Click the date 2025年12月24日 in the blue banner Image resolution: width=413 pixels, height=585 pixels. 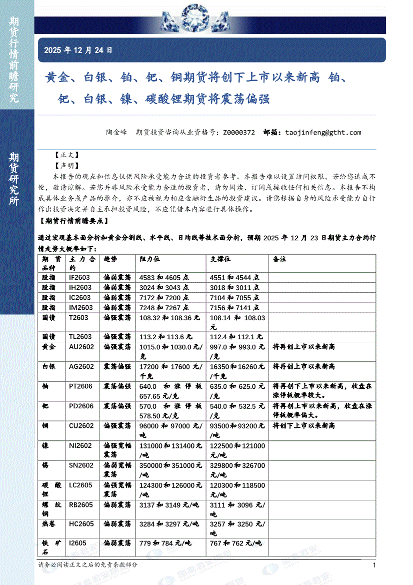78,50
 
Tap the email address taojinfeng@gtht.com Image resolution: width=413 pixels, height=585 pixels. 322,133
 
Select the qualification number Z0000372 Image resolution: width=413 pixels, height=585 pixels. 238,133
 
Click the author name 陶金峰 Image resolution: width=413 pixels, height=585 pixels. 116,133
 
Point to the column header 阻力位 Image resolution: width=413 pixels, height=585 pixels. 149,259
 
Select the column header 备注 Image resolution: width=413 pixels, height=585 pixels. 279,259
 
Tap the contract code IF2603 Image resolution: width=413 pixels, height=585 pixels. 80,277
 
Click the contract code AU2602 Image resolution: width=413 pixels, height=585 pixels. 81,347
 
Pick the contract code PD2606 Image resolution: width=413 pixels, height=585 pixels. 81,406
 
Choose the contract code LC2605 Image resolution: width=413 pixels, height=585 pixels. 81,485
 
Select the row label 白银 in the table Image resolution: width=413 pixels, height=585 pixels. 48,367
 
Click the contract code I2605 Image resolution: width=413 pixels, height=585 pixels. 77,543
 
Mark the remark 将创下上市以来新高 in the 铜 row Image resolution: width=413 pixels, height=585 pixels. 303,426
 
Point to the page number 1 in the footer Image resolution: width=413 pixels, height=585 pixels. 374,565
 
